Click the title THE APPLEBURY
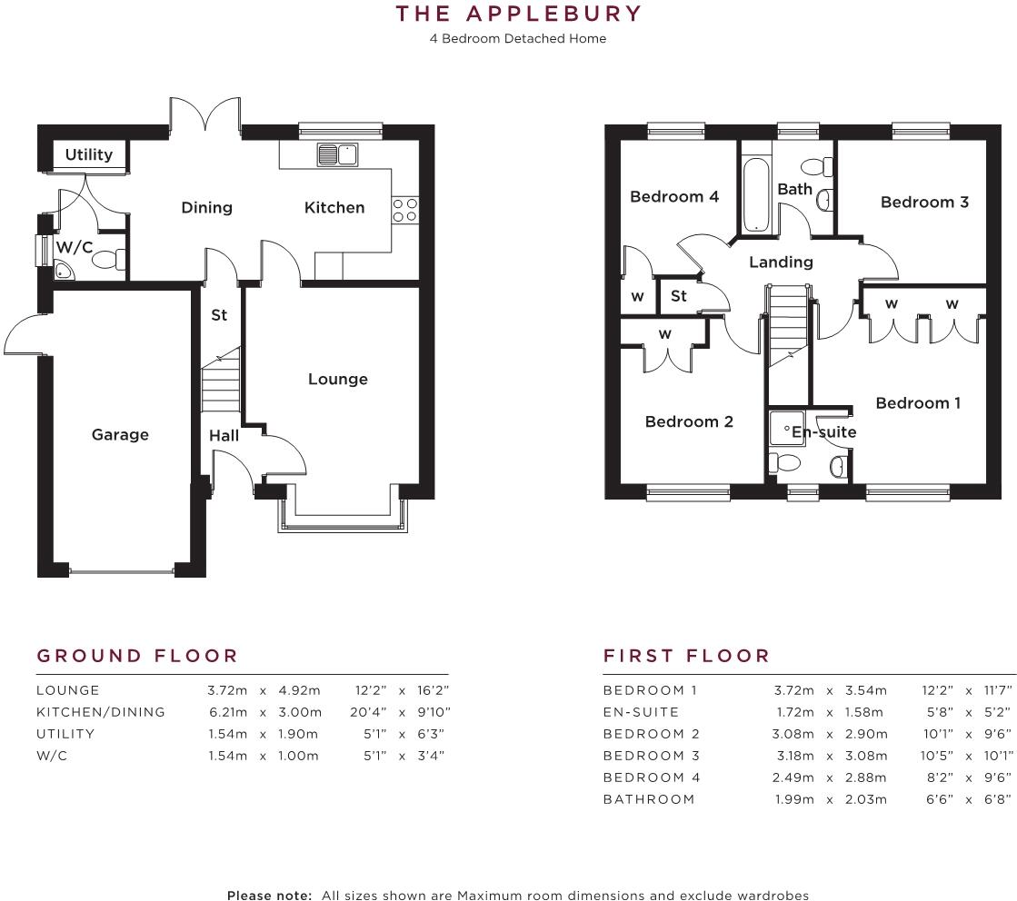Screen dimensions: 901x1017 click(x=518, y=14)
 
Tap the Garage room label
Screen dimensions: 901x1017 click(x=120, y=435)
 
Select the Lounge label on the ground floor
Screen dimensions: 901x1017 click(x=337, y=379)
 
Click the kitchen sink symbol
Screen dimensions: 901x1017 click(x=336, y=155)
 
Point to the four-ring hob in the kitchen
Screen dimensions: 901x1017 click(x=404, y=210)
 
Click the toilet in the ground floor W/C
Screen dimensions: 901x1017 click(x=107, y=261)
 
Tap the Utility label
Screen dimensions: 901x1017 click(x=88, y=154)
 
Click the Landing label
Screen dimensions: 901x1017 click(x=780, y=262)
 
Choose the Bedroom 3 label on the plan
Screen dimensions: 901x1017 click(x=924, y=202)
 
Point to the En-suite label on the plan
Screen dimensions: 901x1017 click(x=823, y=432)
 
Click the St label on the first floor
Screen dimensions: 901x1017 click(x=679, y=296)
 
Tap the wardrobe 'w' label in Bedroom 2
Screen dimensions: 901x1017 click(x=665, y=334)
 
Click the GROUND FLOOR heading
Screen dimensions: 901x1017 click(x=137, y=656)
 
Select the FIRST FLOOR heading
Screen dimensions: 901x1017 click(x=686, y=656)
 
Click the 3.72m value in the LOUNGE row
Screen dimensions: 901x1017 click(x=227, y=690)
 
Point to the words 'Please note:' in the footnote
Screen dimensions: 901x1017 click(x=269, y=896)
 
